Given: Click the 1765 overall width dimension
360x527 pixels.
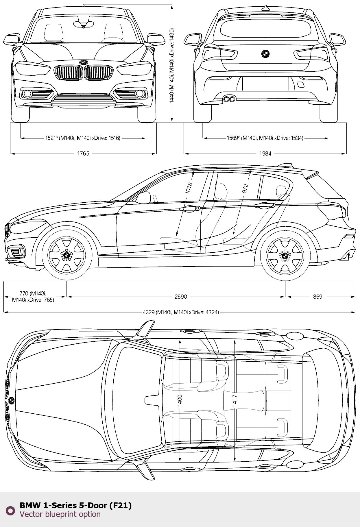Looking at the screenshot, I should [x=83, y=154].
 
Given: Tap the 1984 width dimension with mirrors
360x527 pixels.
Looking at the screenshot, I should [x=265, y=154].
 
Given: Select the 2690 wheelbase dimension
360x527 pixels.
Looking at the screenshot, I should [x=181, y=297].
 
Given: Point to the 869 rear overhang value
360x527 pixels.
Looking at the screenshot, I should [x=317, y=297].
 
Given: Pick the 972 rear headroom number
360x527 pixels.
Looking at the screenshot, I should [x=245, y=188].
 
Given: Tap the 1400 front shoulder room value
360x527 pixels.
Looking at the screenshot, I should [x=180, y=400].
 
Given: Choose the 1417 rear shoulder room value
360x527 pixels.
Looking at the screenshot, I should [x=235, y=400].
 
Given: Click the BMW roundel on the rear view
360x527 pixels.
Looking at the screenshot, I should [x=265, y=54].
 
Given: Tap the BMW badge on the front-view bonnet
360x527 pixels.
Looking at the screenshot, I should [x=83, y=62].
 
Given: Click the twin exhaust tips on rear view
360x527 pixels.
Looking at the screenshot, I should [x=229, y=99].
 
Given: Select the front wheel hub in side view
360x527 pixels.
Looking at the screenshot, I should [x=67, y=255].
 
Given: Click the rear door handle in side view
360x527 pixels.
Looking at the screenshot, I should [x=265, y=205].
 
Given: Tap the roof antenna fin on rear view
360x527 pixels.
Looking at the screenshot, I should [x=265, y=8].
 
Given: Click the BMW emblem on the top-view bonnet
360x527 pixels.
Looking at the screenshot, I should [x=11, y=400].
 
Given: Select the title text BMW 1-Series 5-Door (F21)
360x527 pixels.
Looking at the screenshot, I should [x=75, y=505].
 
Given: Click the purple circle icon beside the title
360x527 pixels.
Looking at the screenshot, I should [x=10, y=510].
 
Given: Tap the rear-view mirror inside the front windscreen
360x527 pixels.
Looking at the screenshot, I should [x=83, y=24].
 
